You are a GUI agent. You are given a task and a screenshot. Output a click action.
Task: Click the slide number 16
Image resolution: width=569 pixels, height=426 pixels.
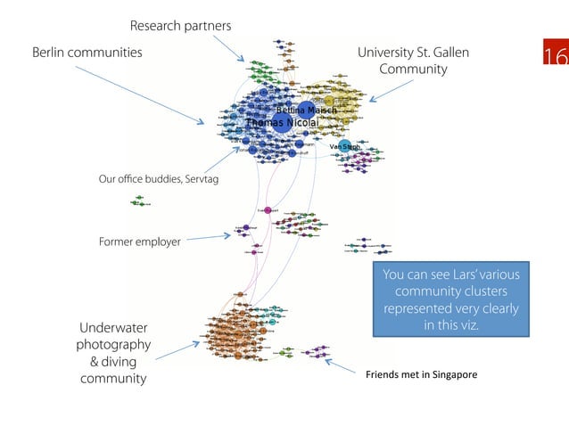coord(555,55)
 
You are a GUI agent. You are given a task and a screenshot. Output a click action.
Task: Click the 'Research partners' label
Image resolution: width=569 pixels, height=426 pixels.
coord(180,25)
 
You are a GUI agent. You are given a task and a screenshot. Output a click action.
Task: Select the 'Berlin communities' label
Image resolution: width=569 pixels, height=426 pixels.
coord(87,53)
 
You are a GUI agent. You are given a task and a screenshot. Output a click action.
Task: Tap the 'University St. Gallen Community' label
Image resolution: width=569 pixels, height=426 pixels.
coord(413,61)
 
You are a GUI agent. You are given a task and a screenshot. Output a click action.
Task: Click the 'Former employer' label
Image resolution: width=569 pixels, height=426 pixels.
coord(139,242)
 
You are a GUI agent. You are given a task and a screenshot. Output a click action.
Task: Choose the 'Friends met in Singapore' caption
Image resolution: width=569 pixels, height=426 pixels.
coord(421,375)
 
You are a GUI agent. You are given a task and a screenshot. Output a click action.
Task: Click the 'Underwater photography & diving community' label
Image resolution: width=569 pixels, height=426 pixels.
coord(112,354)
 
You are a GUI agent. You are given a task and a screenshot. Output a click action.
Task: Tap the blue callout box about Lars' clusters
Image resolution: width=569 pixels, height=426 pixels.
coord(451,299)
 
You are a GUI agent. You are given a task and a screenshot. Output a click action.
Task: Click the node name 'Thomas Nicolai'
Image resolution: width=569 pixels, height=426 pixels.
coord(276,122)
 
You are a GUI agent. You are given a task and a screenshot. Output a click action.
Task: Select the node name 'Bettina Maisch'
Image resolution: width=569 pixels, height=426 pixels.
coord(306,110)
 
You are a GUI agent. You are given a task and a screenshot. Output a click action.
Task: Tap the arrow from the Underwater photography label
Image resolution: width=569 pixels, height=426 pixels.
coord(176,349)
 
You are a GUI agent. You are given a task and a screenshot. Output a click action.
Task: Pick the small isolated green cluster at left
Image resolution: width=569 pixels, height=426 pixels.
coord(139,201)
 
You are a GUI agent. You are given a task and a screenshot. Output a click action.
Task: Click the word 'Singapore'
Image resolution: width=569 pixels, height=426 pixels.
coord(454,375)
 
